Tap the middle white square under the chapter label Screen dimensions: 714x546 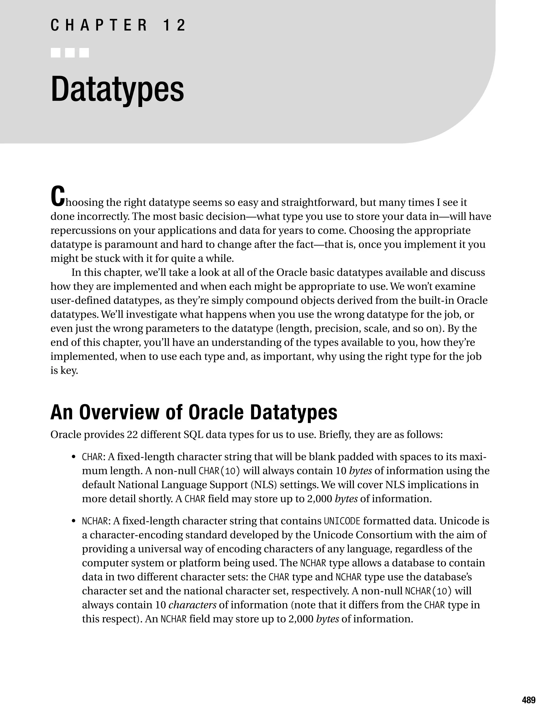click(70, 53)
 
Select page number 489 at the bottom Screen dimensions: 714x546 click(528, 700)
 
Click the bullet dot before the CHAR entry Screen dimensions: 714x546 click(74, 457)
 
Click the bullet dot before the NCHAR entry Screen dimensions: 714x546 click(74, 521)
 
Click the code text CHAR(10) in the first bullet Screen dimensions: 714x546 click(219, 471)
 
